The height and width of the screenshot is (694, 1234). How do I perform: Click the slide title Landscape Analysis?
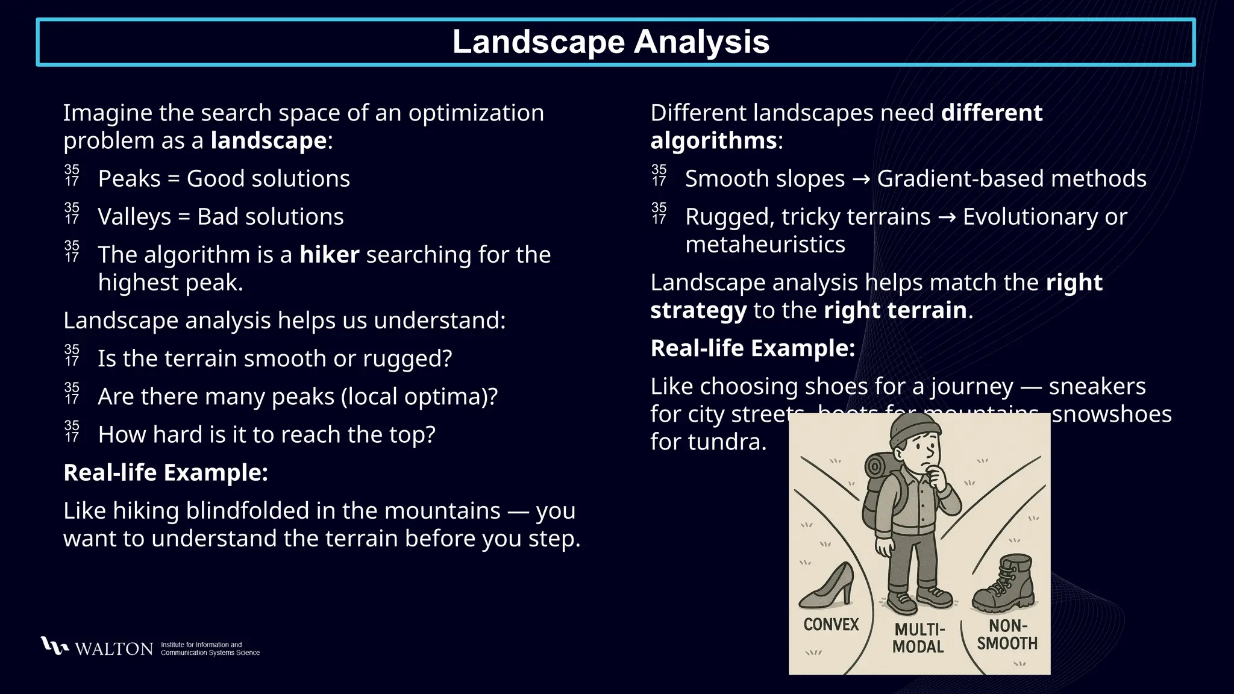click(x=611, y=42)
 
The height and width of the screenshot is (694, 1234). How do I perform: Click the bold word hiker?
click(x=329, y=255)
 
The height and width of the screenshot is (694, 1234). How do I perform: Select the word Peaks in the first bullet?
click(x=129, y=179)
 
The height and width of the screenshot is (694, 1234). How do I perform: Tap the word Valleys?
click(x=134, y=217)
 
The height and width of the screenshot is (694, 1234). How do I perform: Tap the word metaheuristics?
click(x=765, y=245)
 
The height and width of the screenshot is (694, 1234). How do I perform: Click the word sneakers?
click(x=1097, y=387)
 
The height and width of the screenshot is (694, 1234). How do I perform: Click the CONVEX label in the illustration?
click(x=831, y=624)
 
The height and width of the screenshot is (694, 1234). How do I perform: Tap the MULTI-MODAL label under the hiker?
click(x=918, y=638)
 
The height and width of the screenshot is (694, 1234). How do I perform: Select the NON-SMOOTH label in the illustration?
click(x=1007, y=634)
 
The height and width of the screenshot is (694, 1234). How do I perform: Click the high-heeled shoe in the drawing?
click(x=827, y=586)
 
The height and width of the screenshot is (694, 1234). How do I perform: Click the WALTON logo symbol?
click(x=54, y=646)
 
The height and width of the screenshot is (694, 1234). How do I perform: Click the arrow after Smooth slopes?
click(x=861, y=180)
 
